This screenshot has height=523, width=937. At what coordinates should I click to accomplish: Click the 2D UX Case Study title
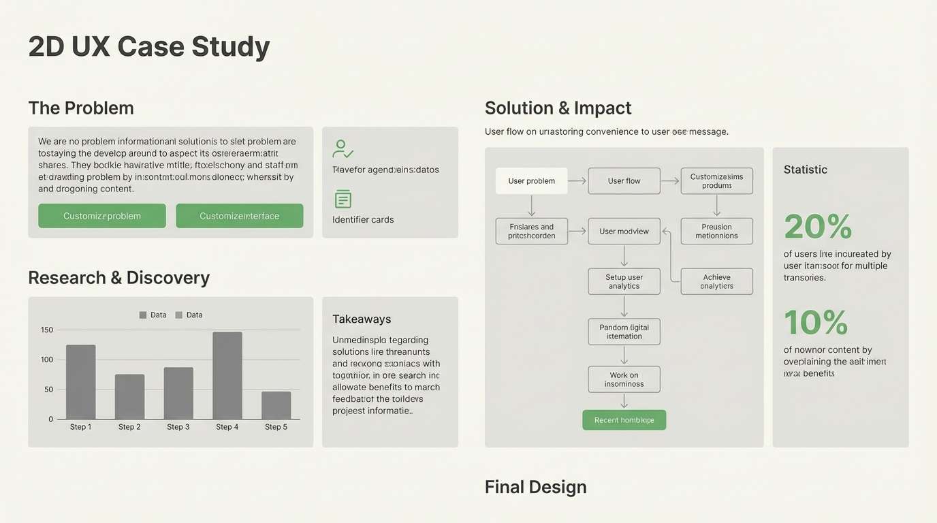[149, 47]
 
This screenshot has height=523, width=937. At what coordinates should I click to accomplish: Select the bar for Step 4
[227, 375]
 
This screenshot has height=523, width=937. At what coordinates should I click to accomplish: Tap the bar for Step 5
[276, 405]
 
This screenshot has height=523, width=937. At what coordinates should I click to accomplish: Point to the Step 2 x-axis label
[129, 427]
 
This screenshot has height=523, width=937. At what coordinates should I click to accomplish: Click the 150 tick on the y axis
[46, 330]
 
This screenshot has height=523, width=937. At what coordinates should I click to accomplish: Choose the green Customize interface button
[239, 216]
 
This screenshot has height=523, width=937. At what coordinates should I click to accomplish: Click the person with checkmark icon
[343, 148]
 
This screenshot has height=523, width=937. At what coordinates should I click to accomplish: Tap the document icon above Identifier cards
[343, 199]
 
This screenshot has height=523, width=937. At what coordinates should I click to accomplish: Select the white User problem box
[531, 181]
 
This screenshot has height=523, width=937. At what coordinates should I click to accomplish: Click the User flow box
[624, 181]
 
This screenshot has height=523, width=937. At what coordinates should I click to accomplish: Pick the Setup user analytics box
[624, 281]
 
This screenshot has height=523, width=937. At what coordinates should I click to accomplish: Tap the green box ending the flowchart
[624, 420]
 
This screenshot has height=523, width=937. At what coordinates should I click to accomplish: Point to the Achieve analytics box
[716, 281]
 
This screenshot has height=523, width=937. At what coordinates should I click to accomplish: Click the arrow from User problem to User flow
[577, 181]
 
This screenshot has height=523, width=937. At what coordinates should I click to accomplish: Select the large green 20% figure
[818, 227]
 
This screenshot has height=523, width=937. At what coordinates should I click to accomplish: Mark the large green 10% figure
[816, 323]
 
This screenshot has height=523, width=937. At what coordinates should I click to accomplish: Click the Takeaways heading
[362, 319]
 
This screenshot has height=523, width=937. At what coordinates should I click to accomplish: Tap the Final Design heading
[535, 487]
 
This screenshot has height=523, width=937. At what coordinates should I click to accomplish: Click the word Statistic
[805, 170]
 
